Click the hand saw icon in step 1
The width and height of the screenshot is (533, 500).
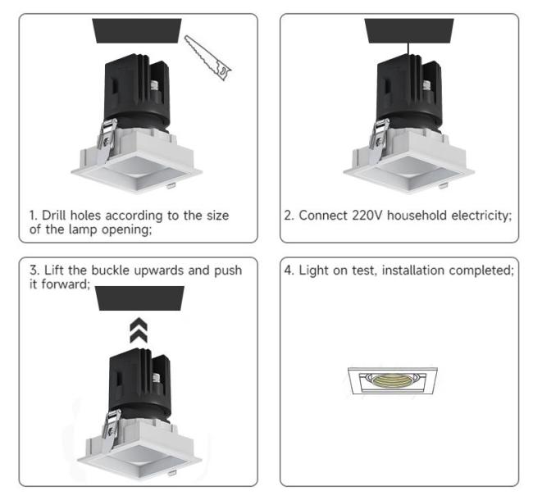208,57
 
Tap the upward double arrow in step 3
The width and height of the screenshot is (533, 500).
139,330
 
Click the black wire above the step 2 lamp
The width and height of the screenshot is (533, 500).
408,48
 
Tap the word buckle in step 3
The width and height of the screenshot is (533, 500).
110,270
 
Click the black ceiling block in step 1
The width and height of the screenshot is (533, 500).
137,30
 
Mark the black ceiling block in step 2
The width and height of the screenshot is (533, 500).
409,30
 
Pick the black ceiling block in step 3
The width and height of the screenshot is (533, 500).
139,298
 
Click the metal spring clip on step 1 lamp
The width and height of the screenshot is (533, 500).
107,139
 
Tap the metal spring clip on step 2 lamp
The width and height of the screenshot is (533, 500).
379,139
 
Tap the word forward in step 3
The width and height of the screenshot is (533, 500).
66,284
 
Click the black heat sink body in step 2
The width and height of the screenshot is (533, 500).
410,92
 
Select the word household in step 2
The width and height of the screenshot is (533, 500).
417,216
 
